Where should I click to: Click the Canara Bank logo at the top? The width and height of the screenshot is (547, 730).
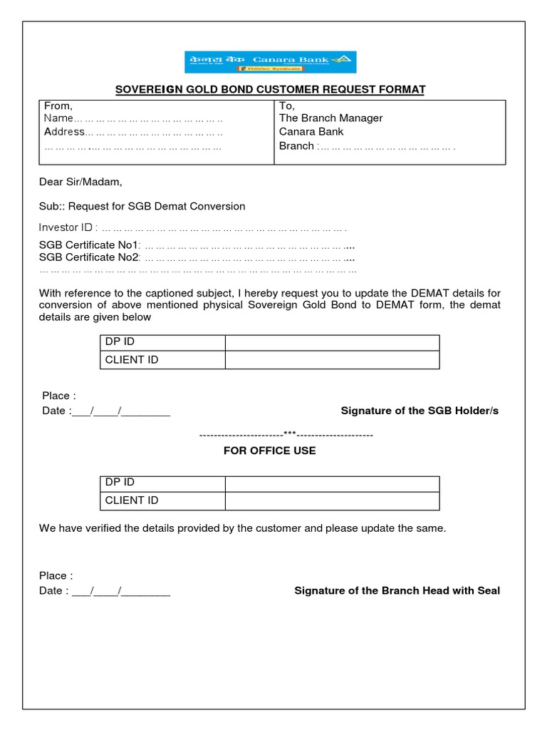pos(271,62)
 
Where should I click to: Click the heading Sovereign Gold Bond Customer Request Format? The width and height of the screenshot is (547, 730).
pos(271,90)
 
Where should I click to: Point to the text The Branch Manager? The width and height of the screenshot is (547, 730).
pos(330,118)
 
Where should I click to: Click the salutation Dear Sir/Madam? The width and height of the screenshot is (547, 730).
pos(80,182)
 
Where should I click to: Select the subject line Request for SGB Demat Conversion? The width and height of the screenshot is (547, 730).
pos(142,206)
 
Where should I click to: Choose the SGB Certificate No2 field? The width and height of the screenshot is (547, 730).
pos(249,257)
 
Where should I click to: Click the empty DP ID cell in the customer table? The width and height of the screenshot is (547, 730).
pos(332,342)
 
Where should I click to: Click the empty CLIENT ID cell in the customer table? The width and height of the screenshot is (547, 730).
pos(332,360)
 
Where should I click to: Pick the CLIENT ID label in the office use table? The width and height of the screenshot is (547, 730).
pos(132,500)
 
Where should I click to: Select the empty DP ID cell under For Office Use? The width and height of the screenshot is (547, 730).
pos(332,483)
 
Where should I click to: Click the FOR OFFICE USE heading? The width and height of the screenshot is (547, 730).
pos(269,451)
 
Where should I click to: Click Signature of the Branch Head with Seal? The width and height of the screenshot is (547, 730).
pos(397,591)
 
